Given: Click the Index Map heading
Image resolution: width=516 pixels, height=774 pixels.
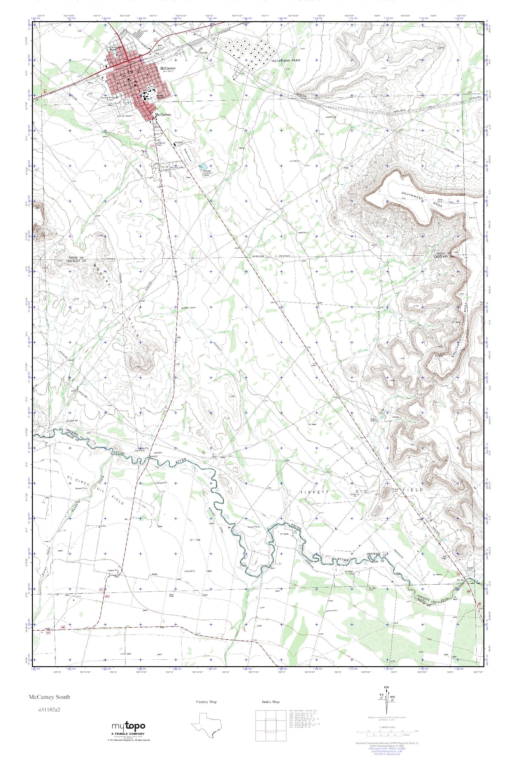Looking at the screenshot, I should click(271, 702).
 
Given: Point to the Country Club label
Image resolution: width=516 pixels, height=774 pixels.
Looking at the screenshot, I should click(161, 144).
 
